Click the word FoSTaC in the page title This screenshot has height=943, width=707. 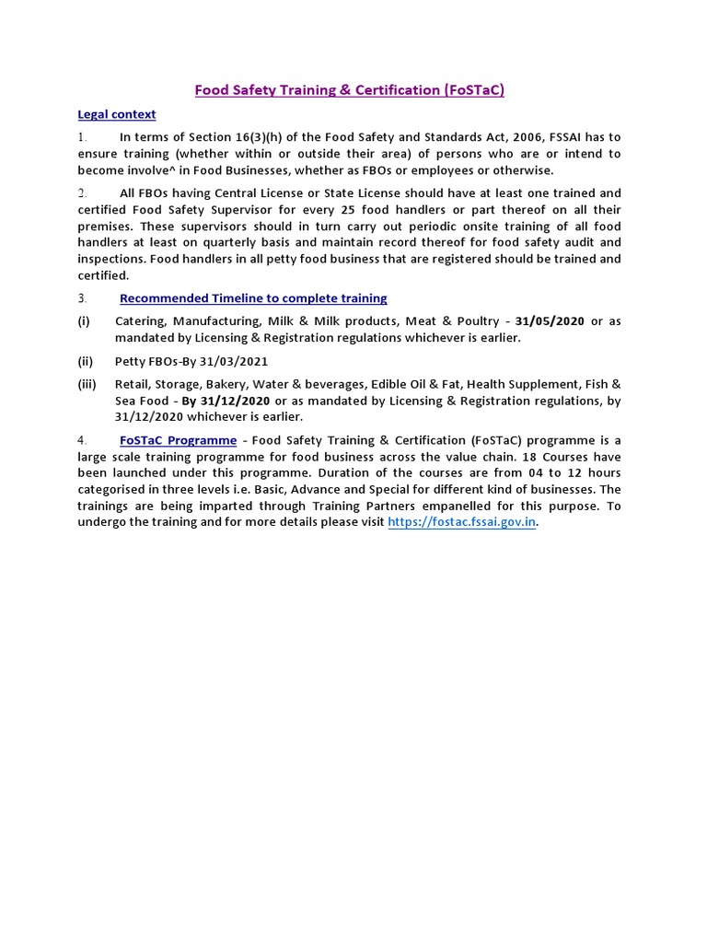[473, 90]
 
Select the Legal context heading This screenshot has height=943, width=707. [116, 114]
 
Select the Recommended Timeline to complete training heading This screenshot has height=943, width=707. [253, 298]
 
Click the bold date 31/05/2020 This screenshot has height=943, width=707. [551, 321]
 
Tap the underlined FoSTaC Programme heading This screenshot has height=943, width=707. [178, 440]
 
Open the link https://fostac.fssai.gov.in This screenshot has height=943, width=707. [461, 521]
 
